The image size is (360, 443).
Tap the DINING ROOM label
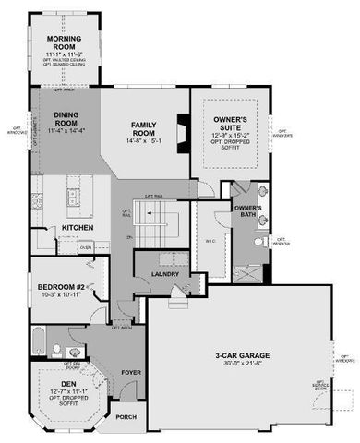(65, 121)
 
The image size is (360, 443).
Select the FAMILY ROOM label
(148, 127)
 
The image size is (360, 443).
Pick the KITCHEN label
(78, 228)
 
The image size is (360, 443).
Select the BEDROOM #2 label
(60, 287)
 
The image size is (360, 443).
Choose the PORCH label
(126, 416)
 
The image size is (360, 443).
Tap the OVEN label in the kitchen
(85, 246)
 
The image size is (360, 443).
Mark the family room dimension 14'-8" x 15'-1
(148, 141)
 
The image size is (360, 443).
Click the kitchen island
(75, 196)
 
